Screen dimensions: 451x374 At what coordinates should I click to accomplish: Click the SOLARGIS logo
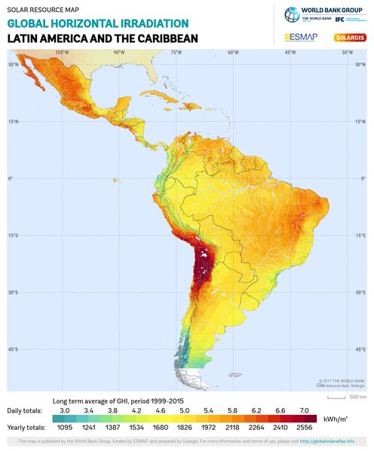[x=350, y=37]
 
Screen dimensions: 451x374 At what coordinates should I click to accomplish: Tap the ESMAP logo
[x=302, y=37]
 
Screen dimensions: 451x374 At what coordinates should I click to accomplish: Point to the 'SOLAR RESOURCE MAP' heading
[x=43, y=10]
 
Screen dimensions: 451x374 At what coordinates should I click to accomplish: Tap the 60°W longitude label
[x=232, y=53]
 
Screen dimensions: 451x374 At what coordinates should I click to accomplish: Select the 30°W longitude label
[x=346, y=53]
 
